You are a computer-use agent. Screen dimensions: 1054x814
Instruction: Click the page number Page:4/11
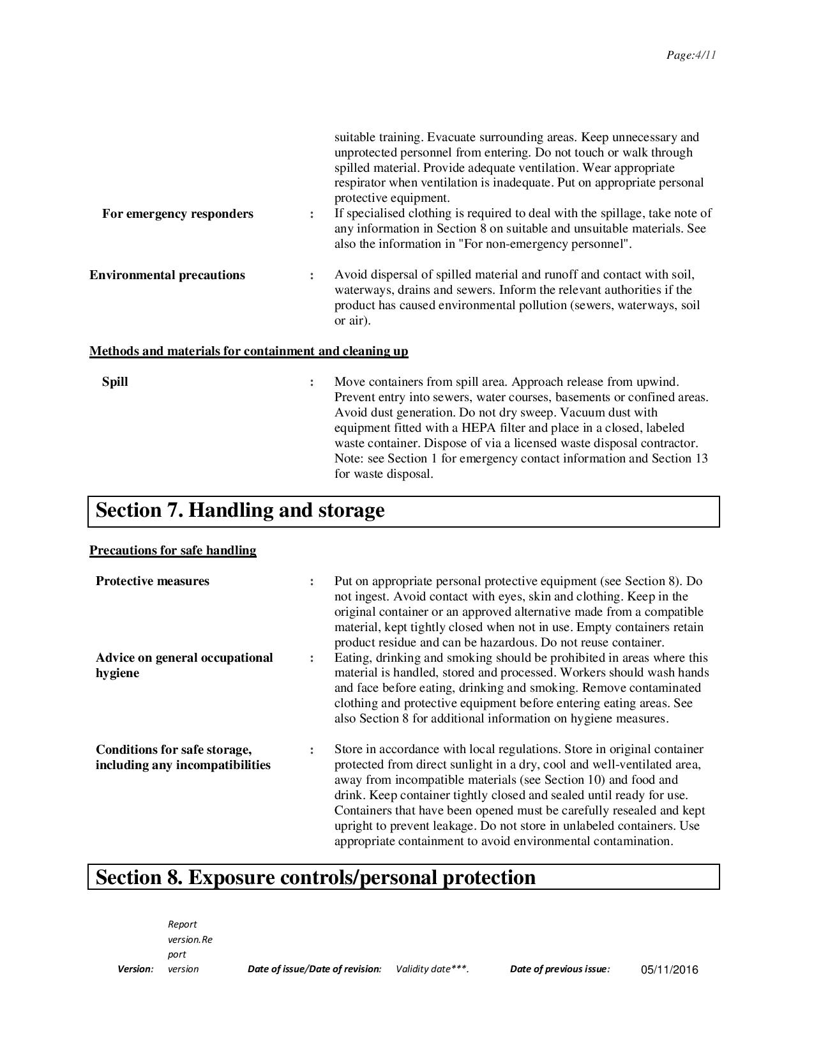pyautogui.click(x=691, y=55)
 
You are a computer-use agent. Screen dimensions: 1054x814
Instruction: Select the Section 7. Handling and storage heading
pyautogui.click(x=240, y=511)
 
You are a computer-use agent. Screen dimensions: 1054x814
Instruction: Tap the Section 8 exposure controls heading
pyautogui.click(x=315, y=878)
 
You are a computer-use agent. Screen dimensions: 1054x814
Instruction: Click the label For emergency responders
pyautogui.click(x=177, y=214)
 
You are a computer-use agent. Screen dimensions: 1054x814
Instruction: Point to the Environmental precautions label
pyautogui.click(x=167, y=275)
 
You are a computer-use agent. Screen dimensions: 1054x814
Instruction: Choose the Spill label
pyautogui.click(x=115, y=382)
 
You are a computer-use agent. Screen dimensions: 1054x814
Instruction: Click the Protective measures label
pyautogui.click(x=153, y=581)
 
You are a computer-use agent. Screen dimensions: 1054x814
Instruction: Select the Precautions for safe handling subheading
pyautogui.click(x=173, y=551)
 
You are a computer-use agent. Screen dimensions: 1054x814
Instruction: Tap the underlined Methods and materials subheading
pyautogui.click(x=249, y=351)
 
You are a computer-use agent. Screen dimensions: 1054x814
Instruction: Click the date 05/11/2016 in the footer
pyautogui.click(x=669, y=970)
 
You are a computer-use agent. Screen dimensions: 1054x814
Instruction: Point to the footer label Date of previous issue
pyautogui.click(x=560, y=969)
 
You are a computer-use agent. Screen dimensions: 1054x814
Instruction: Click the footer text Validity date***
pyautogui.click(x=432, y=969)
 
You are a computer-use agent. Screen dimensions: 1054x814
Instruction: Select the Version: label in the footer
pyautogui.click(x=135, y=969)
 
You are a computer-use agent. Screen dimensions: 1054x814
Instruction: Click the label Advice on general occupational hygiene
pyautogui.click(x=184, y=666)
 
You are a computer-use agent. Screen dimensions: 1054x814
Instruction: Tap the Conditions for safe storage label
pyautogui.click(x=183, y=758)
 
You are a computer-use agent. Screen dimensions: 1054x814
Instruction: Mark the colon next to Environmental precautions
pyautogui.click(x=312, y=276)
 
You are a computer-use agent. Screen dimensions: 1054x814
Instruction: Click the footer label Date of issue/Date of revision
pyautogui.click(x=314, y=969)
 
